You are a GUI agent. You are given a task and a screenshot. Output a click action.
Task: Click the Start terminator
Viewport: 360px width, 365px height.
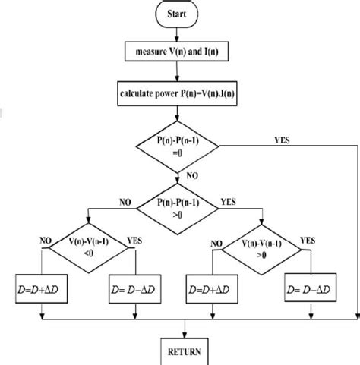click(176, 14)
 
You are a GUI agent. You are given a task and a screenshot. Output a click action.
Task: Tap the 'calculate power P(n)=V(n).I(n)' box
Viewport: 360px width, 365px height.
click(176, 94)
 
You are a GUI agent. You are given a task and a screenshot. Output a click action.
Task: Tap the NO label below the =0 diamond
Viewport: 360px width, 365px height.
click(191, 175)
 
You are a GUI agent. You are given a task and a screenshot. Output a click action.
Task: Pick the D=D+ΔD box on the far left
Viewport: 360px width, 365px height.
click(39, 290)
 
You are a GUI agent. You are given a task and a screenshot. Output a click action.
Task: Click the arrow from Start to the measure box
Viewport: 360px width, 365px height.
click(176, 33)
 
